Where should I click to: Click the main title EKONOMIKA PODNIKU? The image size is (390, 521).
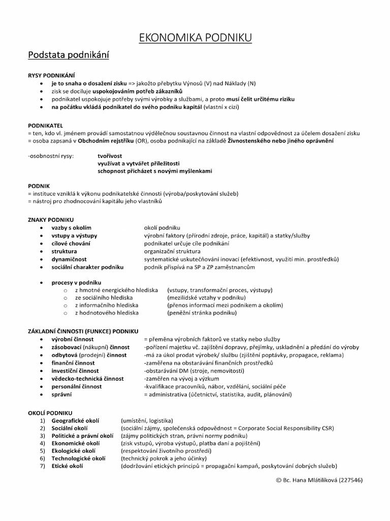(x=195, y=37)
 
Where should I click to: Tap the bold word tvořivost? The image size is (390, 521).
(x=110, y=155)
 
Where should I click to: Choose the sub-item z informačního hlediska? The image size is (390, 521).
(x=106, y=305)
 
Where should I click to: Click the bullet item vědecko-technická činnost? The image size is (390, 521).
(x=87, y=379)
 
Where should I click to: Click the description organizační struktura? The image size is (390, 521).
(x=172, y=251)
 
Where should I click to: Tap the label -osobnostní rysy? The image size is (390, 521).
(x=51, y=155)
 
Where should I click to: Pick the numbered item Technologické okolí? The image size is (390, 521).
(x=79, y=458)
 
